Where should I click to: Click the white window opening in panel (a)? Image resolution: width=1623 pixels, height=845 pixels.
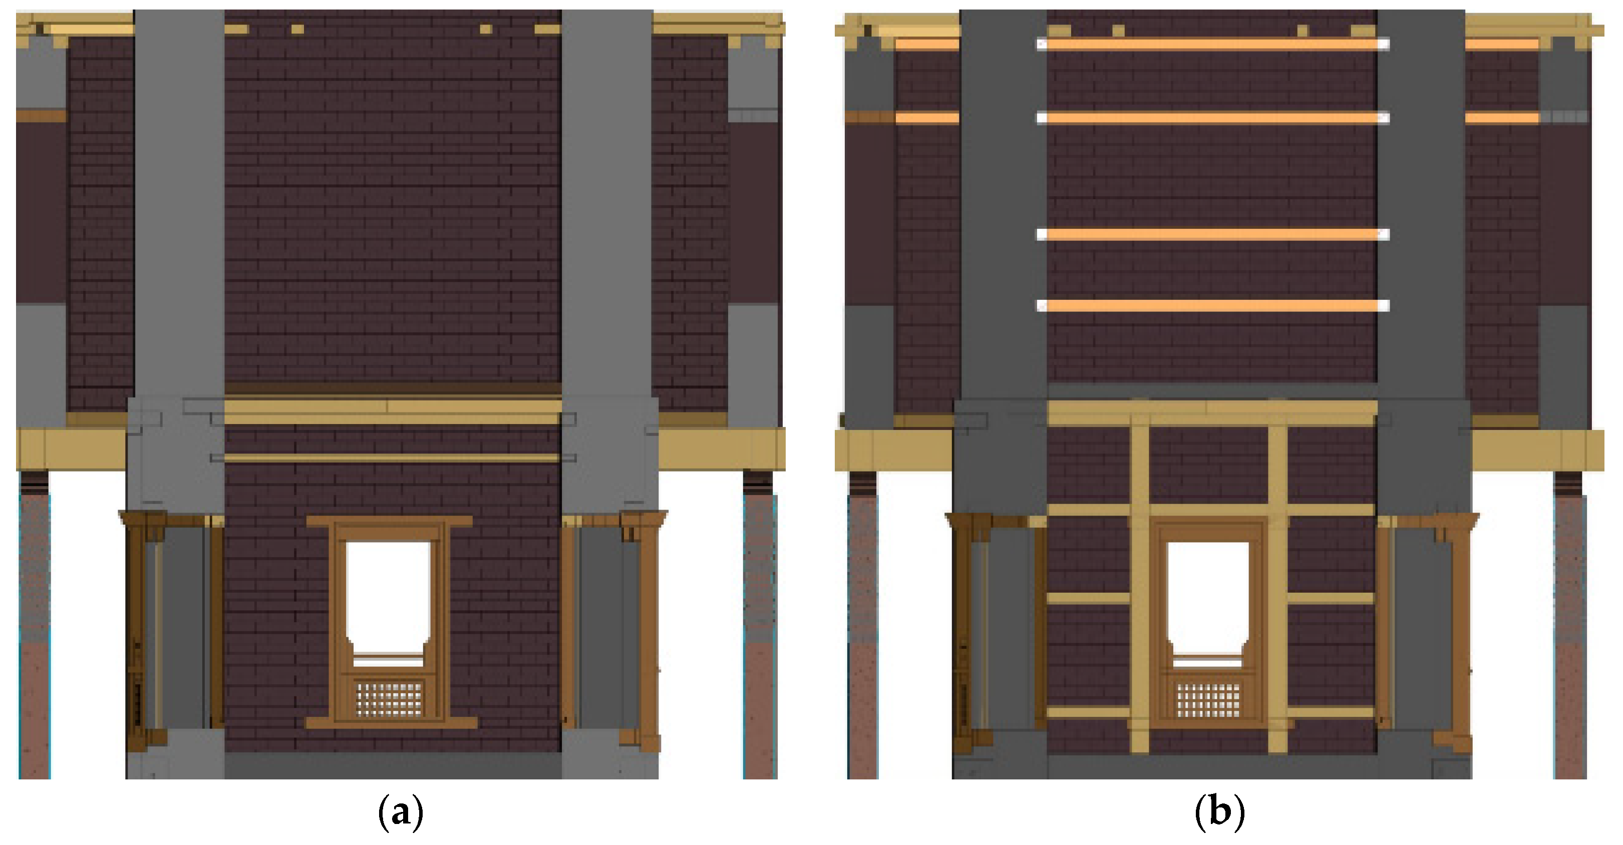[x=388, y=595]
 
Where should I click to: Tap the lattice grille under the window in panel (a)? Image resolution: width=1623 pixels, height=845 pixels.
[x=389, y=698]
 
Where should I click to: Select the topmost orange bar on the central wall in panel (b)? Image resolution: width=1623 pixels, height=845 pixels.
[x=1213, y=44]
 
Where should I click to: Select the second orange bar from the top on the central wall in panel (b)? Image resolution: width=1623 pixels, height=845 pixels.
[x=1213, y=118]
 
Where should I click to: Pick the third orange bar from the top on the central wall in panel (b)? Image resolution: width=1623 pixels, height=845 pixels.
[x=1213, y=234]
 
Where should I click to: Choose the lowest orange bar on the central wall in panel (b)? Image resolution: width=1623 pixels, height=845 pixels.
[x=1213, y=306]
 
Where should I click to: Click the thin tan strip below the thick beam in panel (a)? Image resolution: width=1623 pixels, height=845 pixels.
[x=392, y=458]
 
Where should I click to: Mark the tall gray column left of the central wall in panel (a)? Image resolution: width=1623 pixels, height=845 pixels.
[x=180, y=202]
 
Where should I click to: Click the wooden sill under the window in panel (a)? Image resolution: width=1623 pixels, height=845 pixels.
[x=391, y=723]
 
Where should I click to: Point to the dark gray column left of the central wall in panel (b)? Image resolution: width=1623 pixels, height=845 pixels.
[x=1003, y=202]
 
